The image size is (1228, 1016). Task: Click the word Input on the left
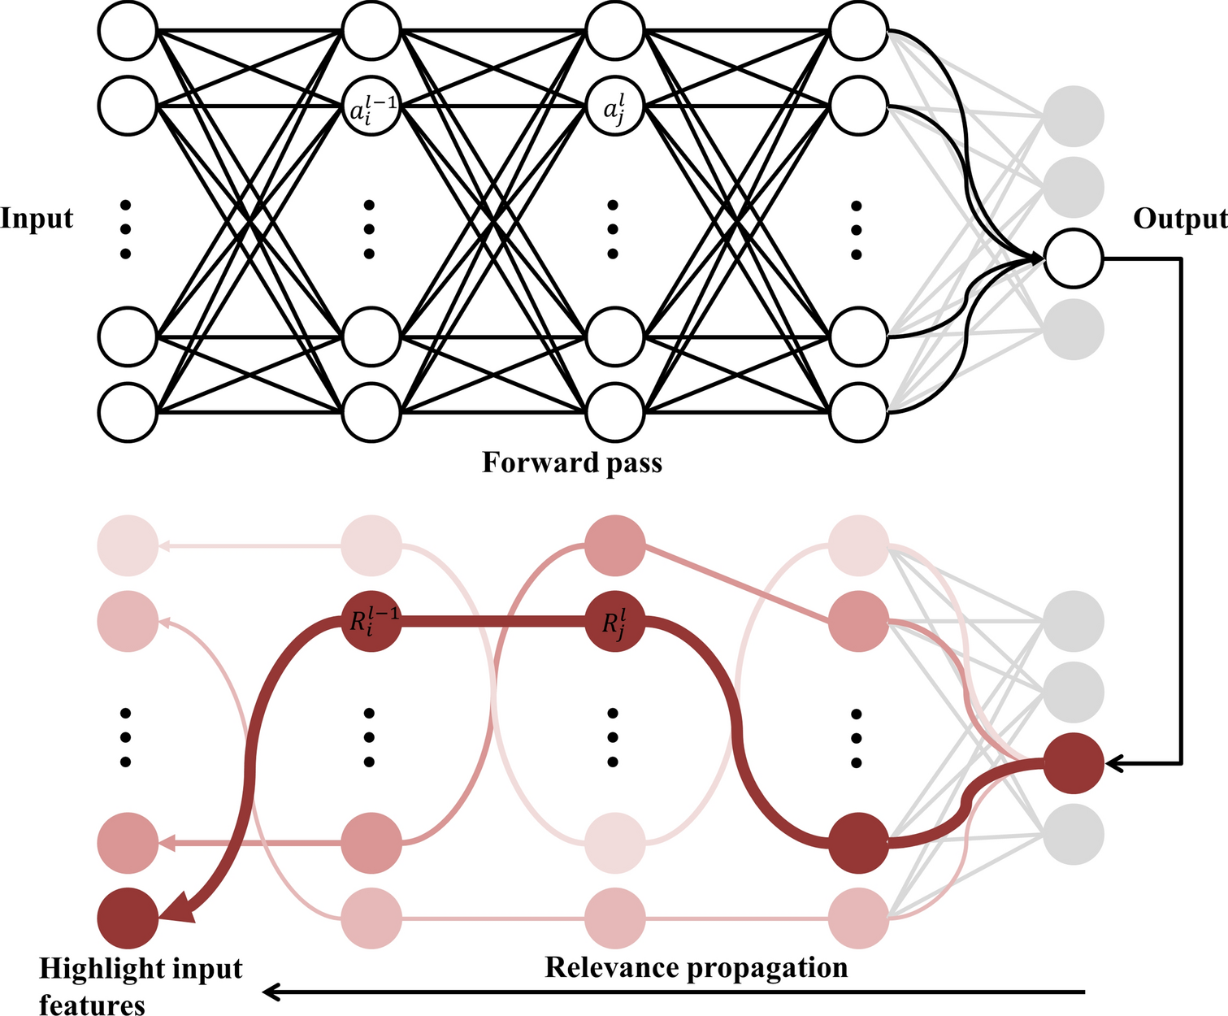37,219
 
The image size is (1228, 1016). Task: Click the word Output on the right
1179,219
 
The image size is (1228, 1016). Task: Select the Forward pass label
572,462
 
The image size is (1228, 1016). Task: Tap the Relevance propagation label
696,967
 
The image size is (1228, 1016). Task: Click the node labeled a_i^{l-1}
371,106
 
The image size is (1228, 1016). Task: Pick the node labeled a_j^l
614,106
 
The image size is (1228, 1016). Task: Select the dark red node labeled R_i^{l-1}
371,621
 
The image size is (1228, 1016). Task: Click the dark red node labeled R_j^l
615,621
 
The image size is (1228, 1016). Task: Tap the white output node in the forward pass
1074,258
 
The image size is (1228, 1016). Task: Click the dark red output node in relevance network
1074,763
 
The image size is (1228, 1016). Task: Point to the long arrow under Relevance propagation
675,992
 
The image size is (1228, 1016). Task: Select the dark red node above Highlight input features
128,918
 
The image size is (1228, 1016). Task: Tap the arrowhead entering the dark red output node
1114,763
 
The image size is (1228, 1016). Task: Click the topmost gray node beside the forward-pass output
1074,116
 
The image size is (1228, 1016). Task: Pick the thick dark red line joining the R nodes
493,621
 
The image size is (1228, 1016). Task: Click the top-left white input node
128,31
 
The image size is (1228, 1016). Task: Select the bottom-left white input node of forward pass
128,412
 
